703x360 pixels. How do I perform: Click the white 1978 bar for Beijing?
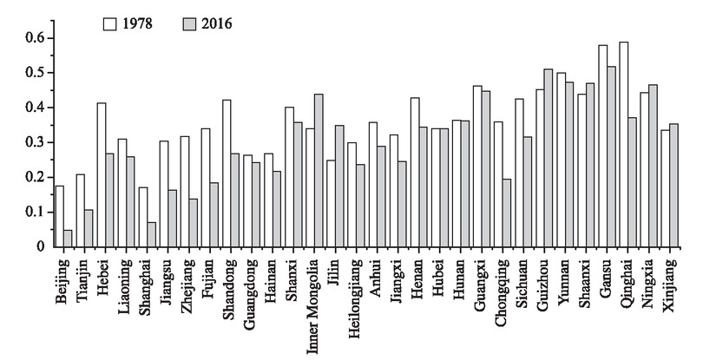59,216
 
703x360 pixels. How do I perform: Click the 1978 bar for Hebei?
102,174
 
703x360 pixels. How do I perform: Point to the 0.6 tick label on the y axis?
34,38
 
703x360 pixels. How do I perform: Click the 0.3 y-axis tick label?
34,142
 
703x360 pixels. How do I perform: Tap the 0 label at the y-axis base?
40,246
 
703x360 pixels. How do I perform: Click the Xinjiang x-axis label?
667,281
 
